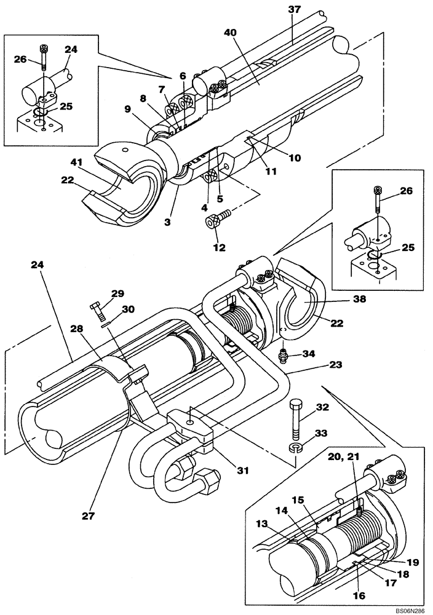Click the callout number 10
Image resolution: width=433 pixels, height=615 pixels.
295,157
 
